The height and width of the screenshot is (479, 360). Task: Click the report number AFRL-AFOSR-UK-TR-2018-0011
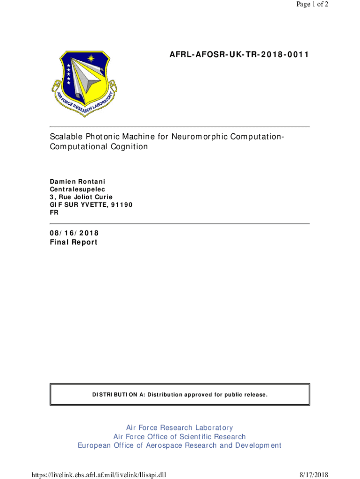[239, 55]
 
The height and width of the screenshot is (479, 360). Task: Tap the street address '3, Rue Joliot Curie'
[81, 197]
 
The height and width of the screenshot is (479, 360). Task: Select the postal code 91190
[123, 205]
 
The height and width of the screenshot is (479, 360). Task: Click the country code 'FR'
[54, 213]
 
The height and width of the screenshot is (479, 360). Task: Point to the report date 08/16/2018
[74, 233]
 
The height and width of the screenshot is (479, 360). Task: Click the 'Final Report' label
[74, 242]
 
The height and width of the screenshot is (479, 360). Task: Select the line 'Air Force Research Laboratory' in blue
[180, 428]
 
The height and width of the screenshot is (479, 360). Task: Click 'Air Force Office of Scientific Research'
[180, 436]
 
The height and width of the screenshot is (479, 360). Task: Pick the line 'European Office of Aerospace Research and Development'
[180, 445]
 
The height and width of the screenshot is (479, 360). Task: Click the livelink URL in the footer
[99, 475]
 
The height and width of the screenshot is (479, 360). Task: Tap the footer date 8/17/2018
[314, 475]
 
